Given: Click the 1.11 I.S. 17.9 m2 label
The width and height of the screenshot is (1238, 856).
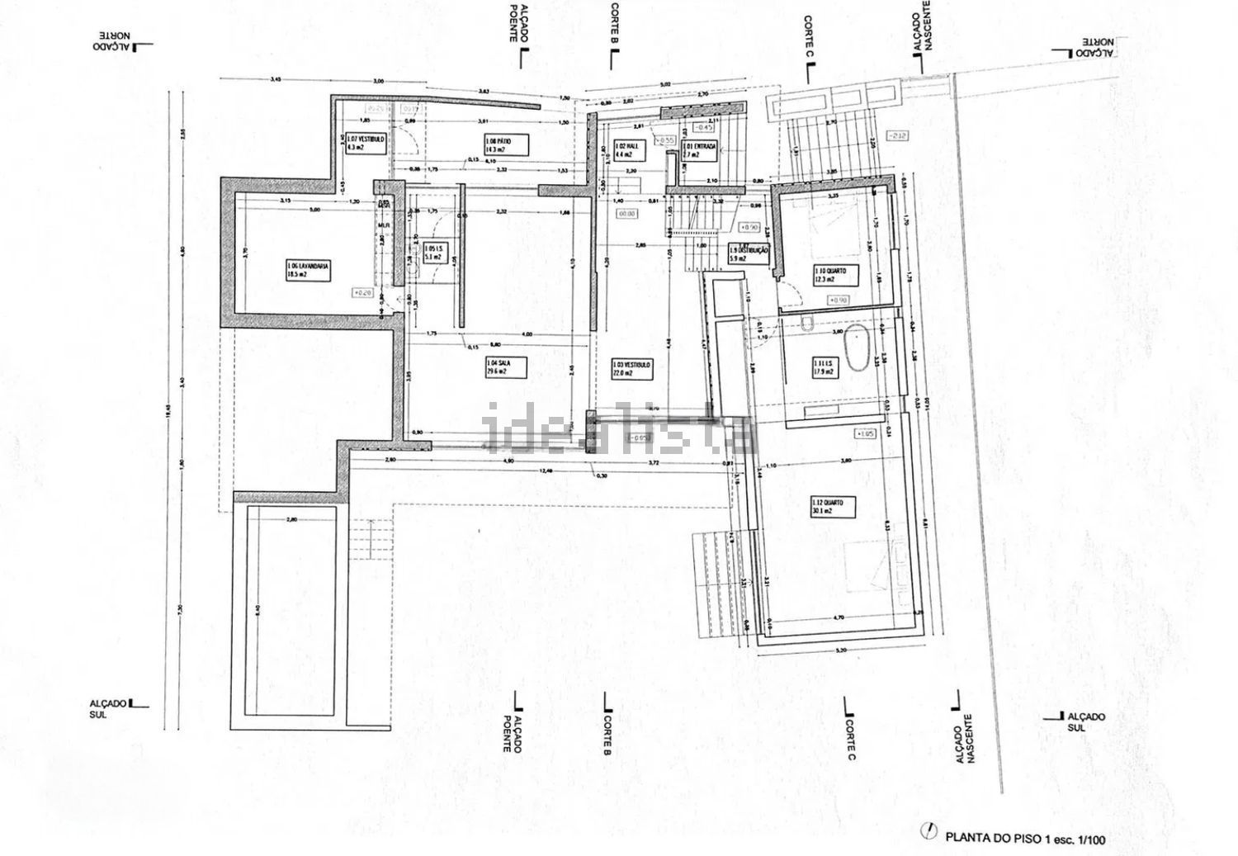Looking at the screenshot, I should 822,367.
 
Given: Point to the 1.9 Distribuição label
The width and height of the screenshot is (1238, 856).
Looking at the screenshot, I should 749,253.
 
